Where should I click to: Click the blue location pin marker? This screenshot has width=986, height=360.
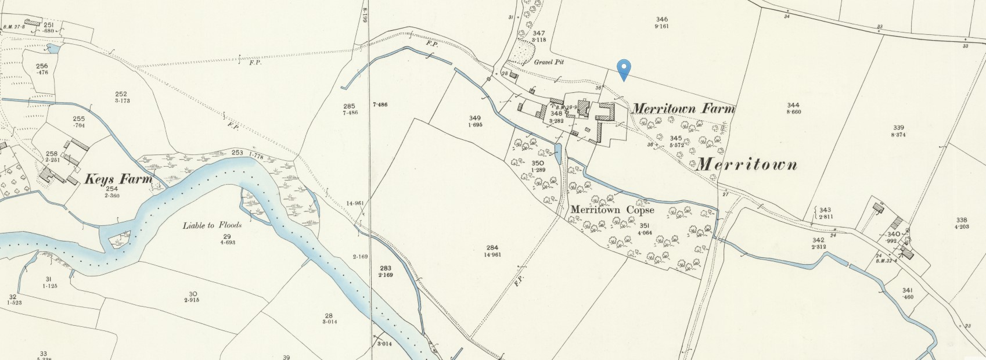pos(624,69)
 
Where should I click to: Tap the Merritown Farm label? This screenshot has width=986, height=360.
pos(683,109)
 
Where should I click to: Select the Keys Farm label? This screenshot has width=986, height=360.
pos(118,179)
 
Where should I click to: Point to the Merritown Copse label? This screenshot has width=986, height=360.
pos(613,210)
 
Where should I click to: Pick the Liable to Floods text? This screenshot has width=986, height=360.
pos(212,225)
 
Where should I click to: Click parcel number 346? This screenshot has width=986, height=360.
pos(661,19)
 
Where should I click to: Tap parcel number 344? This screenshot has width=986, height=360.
pos(793,105)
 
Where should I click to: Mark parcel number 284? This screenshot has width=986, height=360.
pos(491,248)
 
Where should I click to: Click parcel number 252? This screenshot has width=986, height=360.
pos(121,94)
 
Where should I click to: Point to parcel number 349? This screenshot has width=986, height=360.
pos(475,118)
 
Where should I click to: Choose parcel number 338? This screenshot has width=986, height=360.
pos(962,219)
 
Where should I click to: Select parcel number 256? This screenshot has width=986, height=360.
pos(42,66)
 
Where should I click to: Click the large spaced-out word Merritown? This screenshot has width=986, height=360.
pos(747,164)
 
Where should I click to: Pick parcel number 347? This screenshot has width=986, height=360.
pos(538,33)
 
